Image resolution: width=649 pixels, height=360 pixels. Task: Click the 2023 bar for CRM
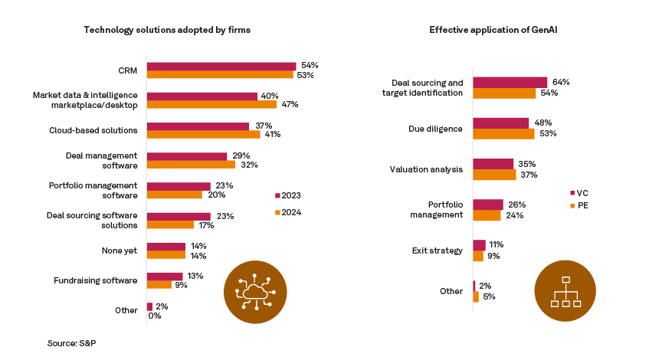221,66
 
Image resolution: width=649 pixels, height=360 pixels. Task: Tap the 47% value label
290,104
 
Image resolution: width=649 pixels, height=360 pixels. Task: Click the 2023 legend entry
288,195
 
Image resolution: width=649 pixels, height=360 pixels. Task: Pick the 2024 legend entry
288,212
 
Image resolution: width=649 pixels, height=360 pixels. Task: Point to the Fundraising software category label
96,280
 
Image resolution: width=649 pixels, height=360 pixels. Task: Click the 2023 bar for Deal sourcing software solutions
178,216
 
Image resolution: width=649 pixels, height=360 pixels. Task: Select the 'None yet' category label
120,250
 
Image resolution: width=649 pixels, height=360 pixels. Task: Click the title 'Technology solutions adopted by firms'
167,30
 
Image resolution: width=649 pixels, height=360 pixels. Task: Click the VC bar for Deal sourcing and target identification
510,82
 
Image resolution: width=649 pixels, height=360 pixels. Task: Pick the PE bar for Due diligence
503,134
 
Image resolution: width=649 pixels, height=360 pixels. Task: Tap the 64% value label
561,82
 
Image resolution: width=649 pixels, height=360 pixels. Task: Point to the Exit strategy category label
437,250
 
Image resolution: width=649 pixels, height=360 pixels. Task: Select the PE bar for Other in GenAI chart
476,296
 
